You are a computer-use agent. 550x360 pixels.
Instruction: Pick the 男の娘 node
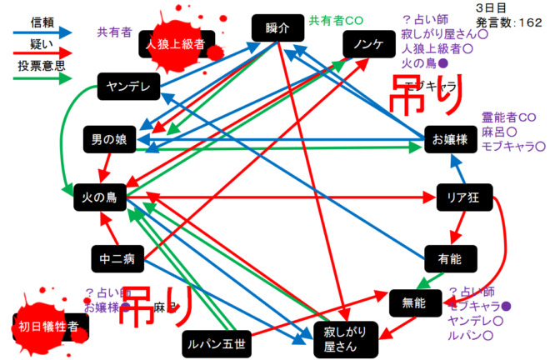point(109,139)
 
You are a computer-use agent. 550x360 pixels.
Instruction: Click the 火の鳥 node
point(99,197)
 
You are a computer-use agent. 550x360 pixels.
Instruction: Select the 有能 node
point(450,258)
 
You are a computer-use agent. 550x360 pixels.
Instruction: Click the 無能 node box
point(413,302)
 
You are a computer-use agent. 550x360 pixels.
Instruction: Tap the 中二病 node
point(117,259)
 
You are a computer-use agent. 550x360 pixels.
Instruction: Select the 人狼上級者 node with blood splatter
point(175,44)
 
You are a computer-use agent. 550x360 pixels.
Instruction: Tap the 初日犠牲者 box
point(50,327)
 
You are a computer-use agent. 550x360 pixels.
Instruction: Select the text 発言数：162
point(509,22)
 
